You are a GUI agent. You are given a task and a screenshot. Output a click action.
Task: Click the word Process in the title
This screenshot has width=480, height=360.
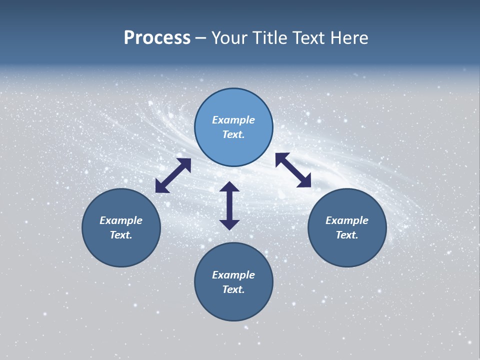157,38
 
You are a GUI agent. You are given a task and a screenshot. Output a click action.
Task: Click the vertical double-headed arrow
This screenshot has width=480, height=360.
229,205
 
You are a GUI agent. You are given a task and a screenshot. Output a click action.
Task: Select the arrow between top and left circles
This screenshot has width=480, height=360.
173,175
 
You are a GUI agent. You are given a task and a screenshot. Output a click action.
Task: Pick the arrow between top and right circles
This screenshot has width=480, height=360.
293,170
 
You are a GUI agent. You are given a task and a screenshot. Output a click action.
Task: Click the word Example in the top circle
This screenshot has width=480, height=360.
233,120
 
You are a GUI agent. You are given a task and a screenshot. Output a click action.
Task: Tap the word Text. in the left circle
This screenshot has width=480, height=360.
121,235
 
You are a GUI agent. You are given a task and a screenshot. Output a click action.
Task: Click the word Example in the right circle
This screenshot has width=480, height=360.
347,220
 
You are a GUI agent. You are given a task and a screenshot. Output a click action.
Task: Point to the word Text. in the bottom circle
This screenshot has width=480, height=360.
233,289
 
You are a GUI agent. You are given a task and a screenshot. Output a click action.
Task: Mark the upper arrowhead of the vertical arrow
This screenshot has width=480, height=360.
229,187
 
